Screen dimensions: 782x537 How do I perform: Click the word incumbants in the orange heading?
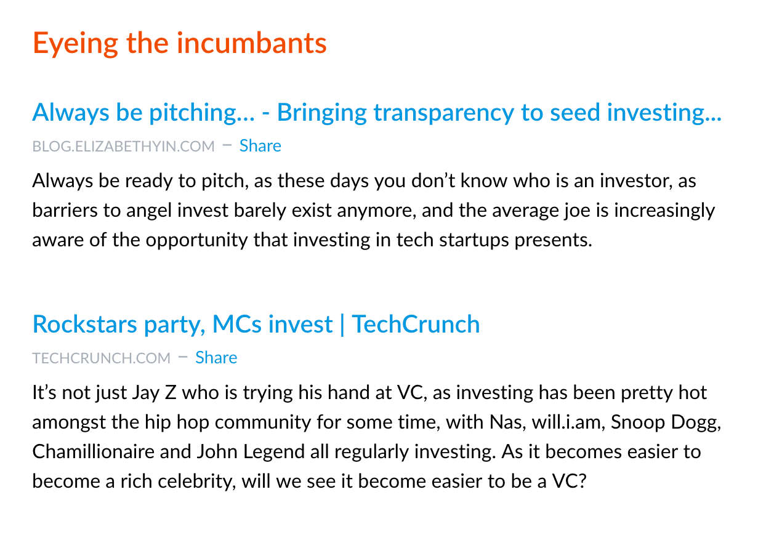(252, 43)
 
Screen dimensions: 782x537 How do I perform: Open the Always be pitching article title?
(377, 113)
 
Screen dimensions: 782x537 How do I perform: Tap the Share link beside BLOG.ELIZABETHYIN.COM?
(260, 145)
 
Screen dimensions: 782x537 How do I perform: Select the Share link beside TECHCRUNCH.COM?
(216, 358)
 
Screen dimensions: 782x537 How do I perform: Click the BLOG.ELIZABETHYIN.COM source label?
(124, 147)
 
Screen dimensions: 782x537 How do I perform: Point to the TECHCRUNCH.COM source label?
(102, 358)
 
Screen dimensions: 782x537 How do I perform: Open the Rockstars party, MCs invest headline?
(256, 325)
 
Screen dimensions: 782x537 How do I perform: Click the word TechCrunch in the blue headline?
(416, 324)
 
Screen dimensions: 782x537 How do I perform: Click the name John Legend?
(251, 453)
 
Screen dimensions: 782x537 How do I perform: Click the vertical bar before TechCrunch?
(342, 325)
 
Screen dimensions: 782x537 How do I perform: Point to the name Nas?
(507, 422)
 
